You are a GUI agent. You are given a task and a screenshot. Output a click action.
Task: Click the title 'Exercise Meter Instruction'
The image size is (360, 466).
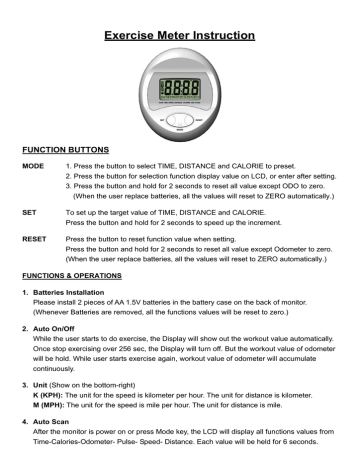point(180,14)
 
